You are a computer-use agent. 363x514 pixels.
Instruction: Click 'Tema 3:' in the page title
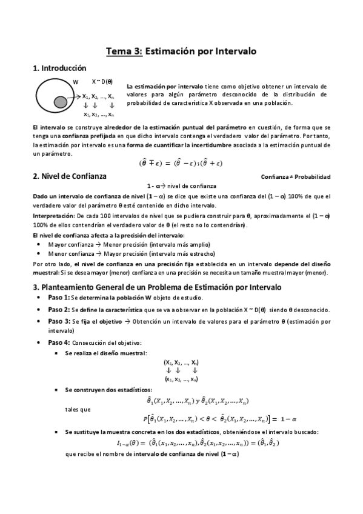click(124, 52)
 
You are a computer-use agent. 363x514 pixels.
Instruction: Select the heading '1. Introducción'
click(59, 68)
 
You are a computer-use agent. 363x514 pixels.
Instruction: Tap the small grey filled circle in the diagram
click(60, 101)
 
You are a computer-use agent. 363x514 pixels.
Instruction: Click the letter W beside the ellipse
click(76, 82)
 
